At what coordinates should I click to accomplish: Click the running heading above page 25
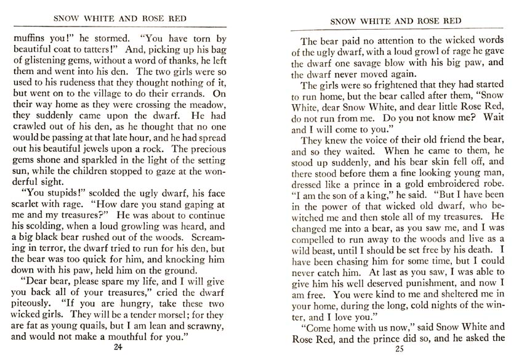point(395,22)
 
